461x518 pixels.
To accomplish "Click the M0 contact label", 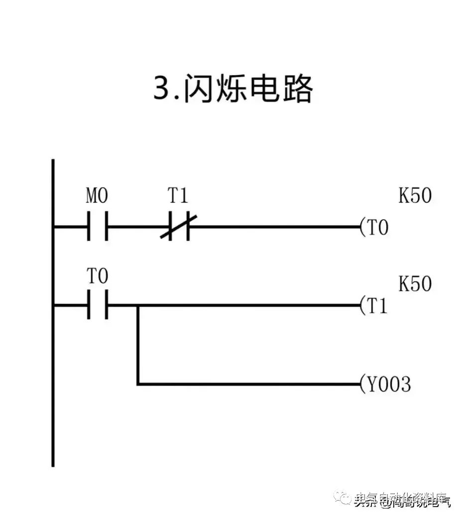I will click(x=97, y=197).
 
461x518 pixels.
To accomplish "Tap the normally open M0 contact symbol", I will click(x=97, y=227).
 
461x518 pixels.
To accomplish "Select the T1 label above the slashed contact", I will click(x=177, y=197).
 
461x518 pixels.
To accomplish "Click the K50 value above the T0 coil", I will click(x=415, y=196).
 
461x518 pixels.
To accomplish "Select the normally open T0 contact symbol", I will click(x=97, y=305).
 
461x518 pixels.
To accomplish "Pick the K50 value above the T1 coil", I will click(x=415, y=284).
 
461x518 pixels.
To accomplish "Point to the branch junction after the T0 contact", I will click(x=137, y=305).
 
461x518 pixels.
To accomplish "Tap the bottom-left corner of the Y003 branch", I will click(x=137, y=384).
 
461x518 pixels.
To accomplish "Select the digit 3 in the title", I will click(x=162, y=90).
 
